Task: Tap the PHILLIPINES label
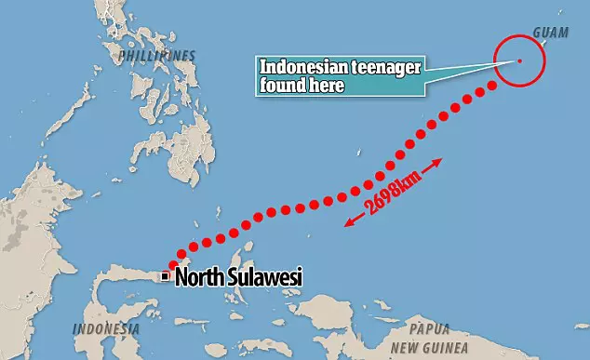158,56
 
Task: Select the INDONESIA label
106,329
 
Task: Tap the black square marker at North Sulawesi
165,275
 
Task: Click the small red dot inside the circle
519,62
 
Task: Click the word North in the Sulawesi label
200,276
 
